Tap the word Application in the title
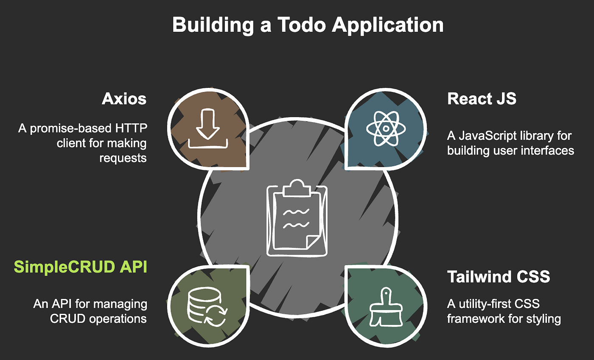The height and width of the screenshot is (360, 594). click(x=387, y=25)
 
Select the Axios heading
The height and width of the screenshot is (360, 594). click(x=124, y=99)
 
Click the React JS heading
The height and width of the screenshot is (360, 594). click(x=482, y=99)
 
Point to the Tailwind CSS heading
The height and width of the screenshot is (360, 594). click(x=499, y=277)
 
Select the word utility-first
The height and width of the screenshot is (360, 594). click(x=488, y=304)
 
